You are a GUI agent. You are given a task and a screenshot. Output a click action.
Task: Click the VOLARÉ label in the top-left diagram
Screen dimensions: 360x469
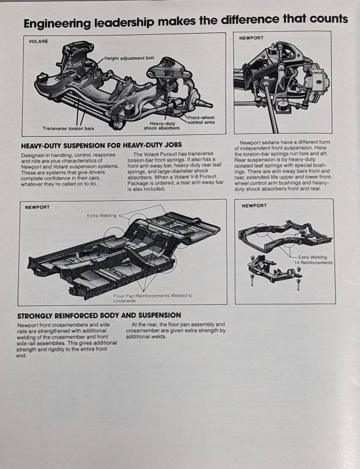(x=38, y=42)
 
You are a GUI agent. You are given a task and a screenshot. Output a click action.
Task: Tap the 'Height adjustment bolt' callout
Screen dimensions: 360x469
(x=130, y=58)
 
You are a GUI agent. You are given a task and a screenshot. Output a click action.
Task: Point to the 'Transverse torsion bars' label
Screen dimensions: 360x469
(x=68, y=128)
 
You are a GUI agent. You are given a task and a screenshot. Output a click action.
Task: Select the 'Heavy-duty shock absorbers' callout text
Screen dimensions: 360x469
(x=162, y=126)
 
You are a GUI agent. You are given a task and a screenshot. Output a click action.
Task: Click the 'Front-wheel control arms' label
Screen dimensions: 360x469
(x=202, y=120)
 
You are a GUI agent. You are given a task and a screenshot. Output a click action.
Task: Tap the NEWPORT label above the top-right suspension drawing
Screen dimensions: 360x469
(x=251, y=38)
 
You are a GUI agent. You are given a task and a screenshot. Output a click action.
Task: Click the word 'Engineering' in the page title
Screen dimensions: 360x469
(x=57, y=23)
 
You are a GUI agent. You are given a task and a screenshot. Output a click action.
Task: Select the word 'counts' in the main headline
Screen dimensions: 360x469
(x=329, y=19)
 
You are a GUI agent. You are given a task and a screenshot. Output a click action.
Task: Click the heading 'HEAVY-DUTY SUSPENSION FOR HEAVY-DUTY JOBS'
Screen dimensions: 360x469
(x=101, y=145)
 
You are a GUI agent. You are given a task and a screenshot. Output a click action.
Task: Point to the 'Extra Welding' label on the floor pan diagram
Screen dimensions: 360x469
(x=101, y=216)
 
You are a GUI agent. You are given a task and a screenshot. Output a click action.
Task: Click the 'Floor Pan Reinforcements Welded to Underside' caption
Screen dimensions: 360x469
(x=153, y=298)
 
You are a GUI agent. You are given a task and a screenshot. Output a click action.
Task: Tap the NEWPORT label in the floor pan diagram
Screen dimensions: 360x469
(x=37, y=207)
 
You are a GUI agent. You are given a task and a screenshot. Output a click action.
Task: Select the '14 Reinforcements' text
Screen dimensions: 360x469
(x=314, y=263)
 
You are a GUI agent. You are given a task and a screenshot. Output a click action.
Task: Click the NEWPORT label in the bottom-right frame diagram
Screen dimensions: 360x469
(x=254, y=206)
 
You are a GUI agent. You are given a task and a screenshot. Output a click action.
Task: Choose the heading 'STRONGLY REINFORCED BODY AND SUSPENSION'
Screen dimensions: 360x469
(x=99, y=316)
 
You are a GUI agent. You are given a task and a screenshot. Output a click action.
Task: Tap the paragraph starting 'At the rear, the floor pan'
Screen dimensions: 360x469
(x=175, y=330)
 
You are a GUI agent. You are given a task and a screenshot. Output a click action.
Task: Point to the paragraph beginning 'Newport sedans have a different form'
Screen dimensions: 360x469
(x=282, y=165)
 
